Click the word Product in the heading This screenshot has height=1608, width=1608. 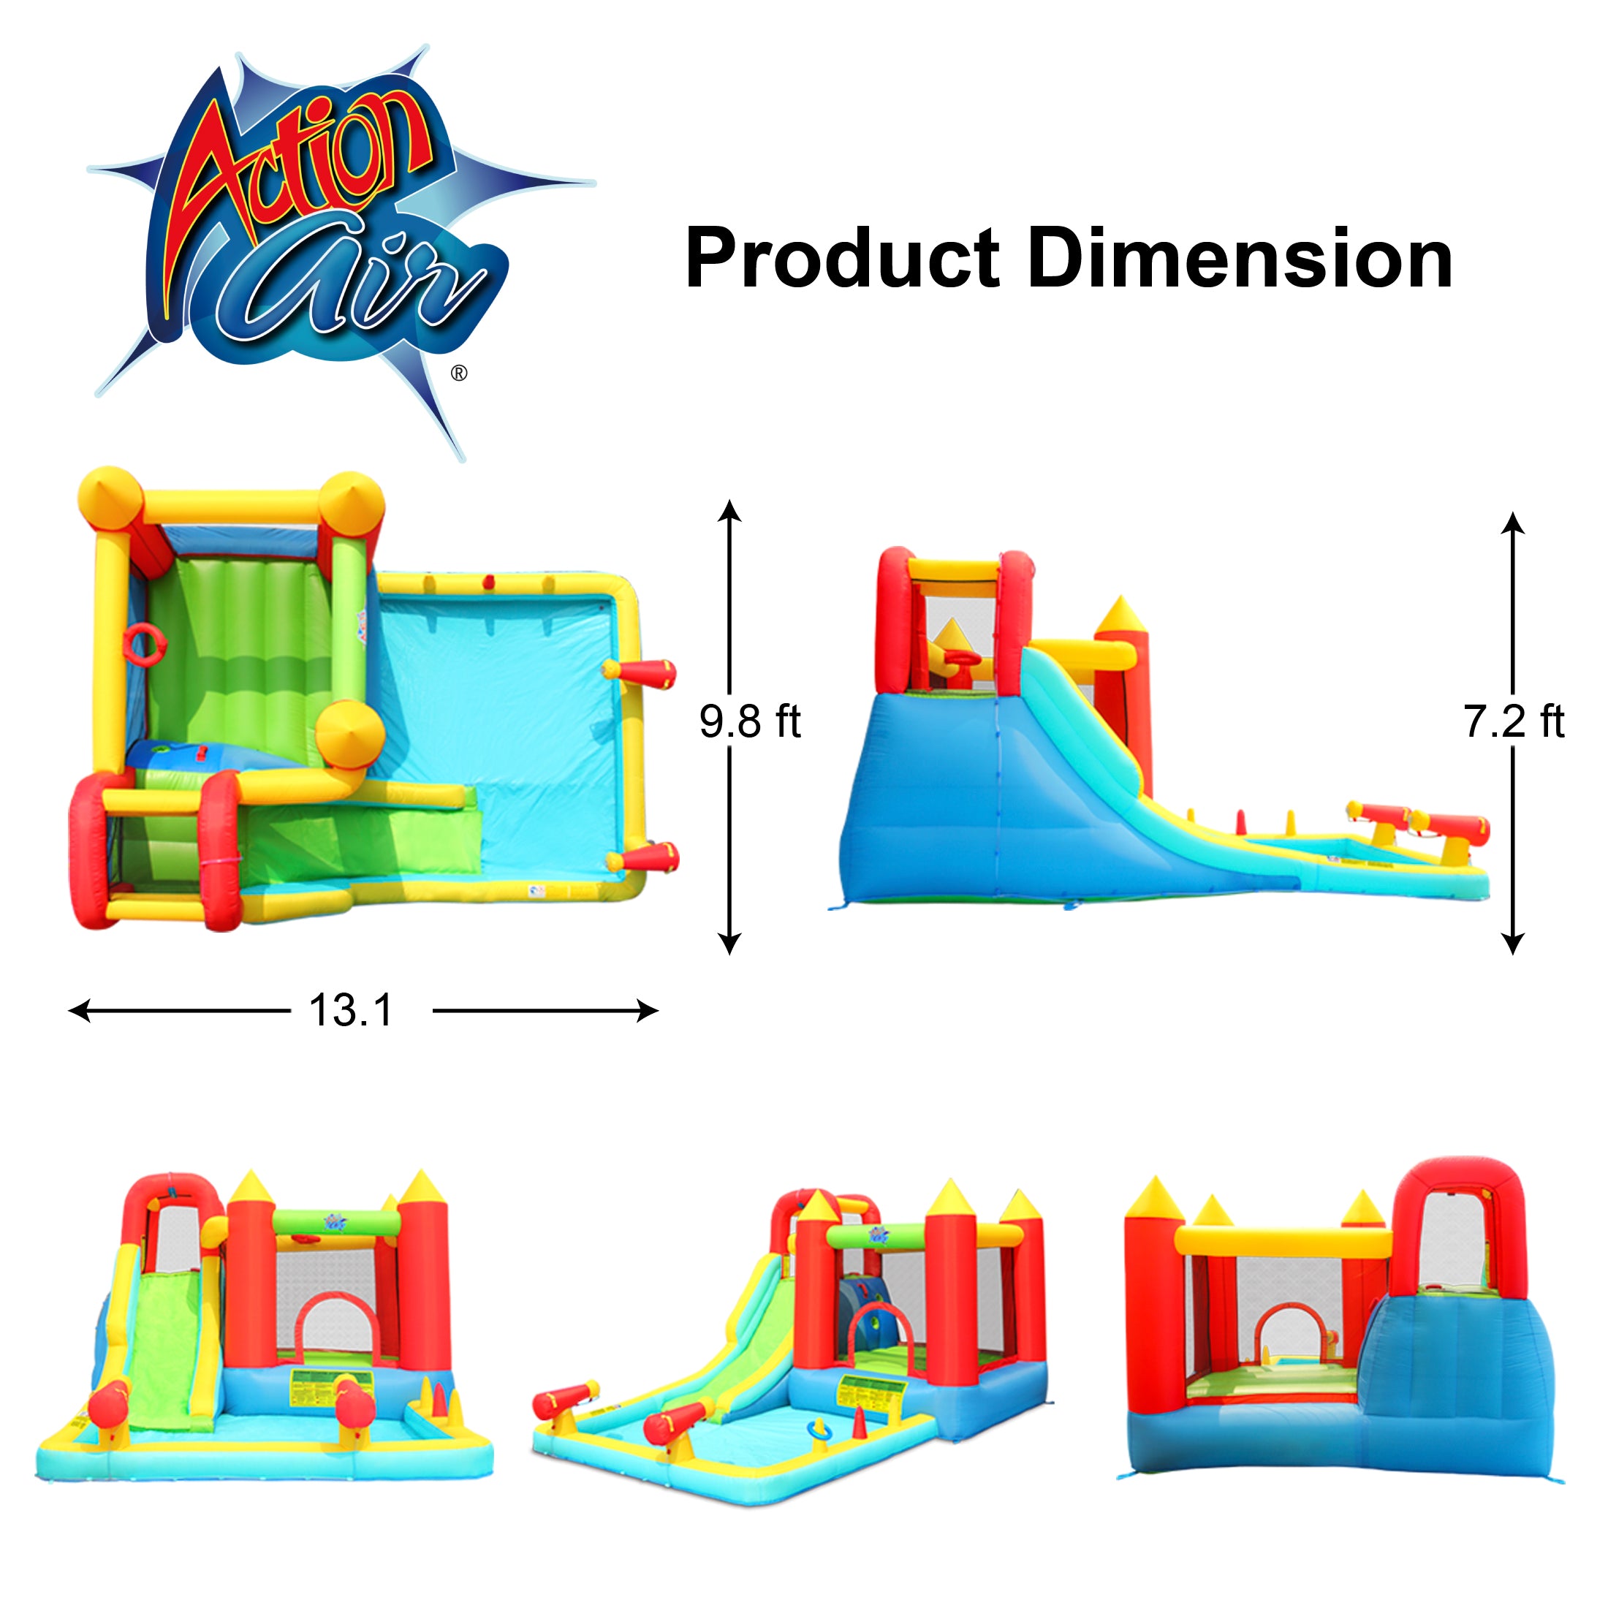click(841, 259)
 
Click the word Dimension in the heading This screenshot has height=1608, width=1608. click(1240, 259)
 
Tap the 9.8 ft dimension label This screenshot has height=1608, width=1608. click(749, 721)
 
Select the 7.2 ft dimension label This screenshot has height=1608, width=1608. click(1513, 721)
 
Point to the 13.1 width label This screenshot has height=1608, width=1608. click(350, 1010)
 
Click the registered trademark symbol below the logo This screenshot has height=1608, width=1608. click(458, 373)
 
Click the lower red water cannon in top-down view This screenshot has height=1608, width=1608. click(646, 857)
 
